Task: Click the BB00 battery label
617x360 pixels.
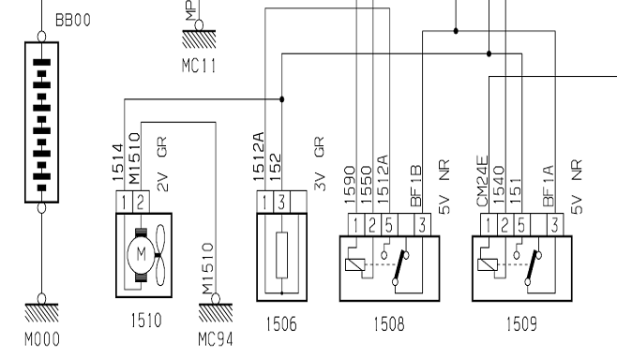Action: click(73, 20)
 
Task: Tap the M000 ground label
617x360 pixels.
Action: click(42, 339)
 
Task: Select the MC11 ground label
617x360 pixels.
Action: click(199, 66)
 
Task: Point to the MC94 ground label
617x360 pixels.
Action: click(216, 340)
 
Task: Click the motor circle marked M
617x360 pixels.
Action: click(141, 255)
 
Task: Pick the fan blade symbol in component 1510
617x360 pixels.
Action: click(159, 255)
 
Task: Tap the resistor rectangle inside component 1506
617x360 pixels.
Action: click(281, 255)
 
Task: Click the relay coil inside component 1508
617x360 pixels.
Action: click(355, 264)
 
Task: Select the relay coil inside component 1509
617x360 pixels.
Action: click(488, 264)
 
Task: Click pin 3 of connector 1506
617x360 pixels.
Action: click(281, 202)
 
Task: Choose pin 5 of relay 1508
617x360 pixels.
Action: click(389, 225)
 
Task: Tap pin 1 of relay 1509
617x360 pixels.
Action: click(489, 225)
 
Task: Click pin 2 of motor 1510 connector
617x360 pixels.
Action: click(141, 202)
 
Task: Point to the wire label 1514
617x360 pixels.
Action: click(118, 163)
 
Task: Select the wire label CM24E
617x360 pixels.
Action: click(482, 181)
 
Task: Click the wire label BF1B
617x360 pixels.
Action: click(416, 186)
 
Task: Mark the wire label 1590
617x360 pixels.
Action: click(350, 185)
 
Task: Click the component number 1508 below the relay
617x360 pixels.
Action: click(389, 324)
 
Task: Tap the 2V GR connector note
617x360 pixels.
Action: click(162, 164)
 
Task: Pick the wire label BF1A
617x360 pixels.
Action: click(549, 186)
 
